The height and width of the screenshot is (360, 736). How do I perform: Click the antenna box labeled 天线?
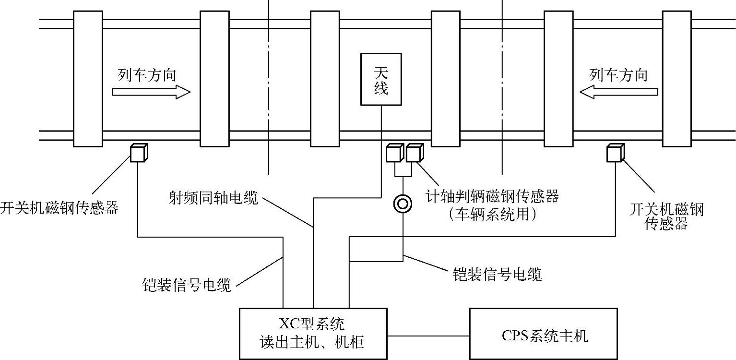click(x=381, y=79)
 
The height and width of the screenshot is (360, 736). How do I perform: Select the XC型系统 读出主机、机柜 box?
click(x=313, y=334)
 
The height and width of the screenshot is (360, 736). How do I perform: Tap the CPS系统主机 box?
click(x=543, y=334)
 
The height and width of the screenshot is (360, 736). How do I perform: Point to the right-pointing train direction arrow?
click(x=151, y=92)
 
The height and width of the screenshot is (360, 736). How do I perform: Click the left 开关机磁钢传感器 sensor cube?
click(x=139, y=153)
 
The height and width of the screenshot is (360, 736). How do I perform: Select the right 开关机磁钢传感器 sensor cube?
click(x=614, y=153)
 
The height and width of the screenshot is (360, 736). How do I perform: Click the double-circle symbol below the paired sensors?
click(x=403, y=204)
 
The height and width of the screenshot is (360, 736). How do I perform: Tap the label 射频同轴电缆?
click(x=213, y=197)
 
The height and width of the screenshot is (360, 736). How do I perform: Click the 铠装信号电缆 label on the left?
click(x=187, y=285)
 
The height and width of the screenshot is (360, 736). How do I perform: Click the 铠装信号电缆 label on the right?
click(x=497, y=274)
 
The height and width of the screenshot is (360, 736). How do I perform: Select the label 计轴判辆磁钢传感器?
click(x=492, y=196)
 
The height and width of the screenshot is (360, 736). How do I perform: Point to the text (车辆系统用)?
click(x=492, y=214)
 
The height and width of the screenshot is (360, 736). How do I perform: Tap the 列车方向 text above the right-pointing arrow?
click(x=147, y=75)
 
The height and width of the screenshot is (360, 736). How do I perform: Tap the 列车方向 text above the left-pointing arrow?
click(x=618, y=75)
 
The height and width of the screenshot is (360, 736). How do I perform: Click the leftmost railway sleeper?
click(x=88, y=79)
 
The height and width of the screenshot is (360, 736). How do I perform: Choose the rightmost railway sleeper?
click(x=677, y=79)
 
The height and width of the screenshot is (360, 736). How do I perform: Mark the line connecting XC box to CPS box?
click(x=428, y=336)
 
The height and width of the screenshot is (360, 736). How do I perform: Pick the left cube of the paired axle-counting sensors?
click(x=394, y=153)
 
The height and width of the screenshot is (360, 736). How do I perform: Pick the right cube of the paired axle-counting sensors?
click(x=414, y=153)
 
